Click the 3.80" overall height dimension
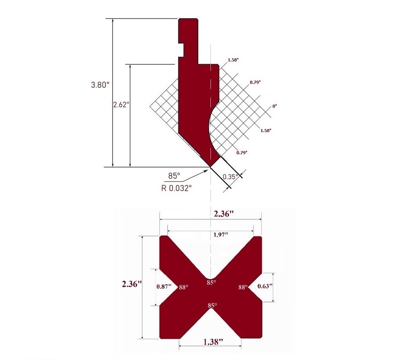[100, 85]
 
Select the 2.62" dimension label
[121, 105]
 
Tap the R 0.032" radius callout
[177, 188]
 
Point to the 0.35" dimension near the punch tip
[231, 176]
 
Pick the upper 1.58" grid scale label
[233, 60]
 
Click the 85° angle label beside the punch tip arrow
[174, 176]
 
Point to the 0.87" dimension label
[164, 287]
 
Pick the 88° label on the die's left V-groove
[183, 287]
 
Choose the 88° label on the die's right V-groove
[243, 287]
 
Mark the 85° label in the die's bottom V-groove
[212, 305]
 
